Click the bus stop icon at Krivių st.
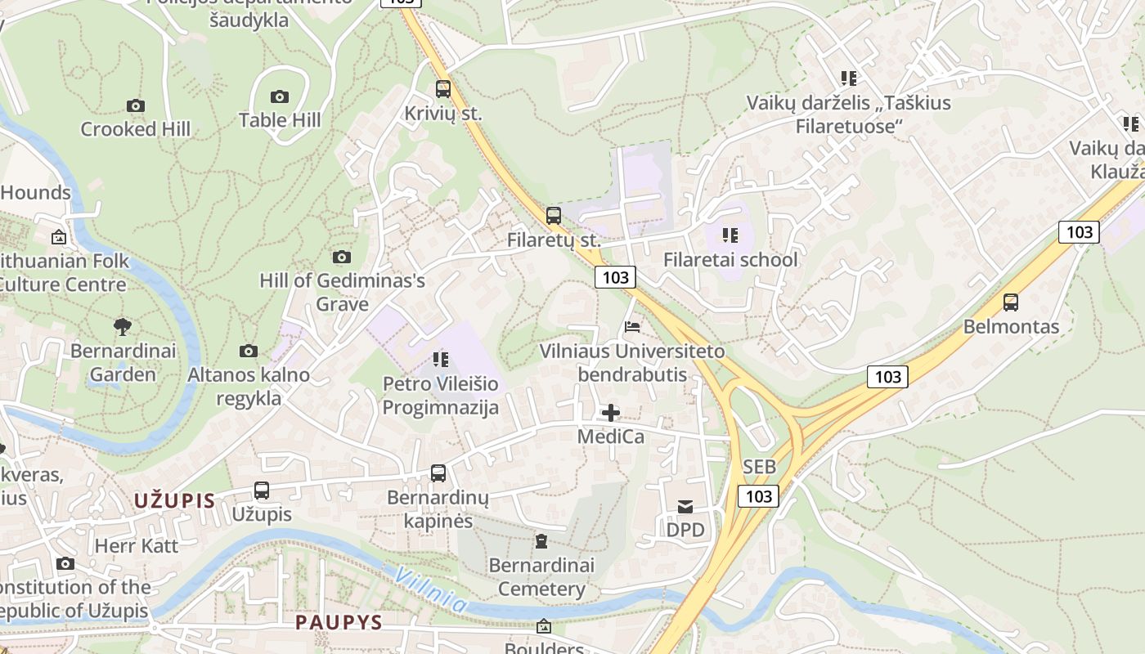pos(442,89)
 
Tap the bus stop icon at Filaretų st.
pos(554,216)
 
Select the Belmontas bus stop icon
pos(1011,302)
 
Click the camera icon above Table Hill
pos(280,96)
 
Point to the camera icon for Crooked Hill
pos(136,105)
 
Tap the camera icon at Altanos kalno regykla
pos(249,352)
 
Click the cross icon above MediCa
pos(610,413)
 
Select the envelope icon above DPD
pos(685,507)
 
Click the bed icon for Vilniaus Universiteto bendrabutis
pos(632,327)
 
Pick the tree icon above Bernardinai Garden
pos(123,327)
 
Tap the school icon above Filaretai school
pos(730,236)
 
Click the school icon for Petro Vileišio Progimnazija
pos(441,360)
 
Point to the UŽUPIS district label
pos(174,501)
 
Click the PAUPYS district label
pos(339,622)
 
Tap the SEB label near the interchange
pos(759,467)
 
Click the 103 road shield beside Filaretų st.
pos(615,277)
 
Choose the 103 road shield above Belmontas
pos(1079,231)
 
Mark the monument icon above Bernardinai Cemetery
pos(541,541)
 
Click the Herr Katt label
pos(137,545)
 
